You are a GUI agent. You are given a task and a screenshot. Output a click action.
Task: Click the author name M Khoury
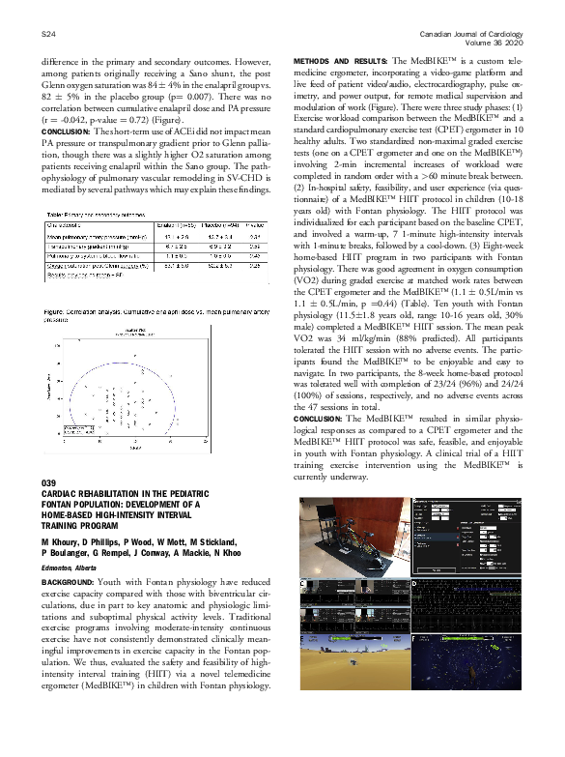point(60,543)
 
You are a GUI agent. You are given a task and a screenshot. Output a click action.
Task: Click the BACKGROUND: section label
point(69,583)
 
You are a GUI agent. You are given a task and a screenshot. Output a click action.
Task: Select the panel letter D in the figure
point(415,584)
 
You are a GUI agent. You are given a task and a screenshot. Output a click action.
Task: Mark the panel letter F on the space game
point(415,638)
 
